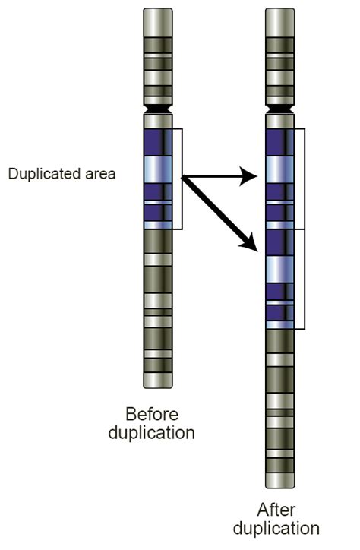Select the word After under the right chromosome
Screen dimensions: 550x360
[276, 510]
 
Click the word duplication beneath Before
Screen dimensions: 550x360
[151, 433]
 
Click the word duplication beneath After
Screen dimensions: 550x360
[276, 528]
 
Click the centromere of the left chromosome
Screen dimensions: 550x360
[159, 110]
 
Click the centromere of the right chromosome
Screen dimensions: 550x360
[280, 111]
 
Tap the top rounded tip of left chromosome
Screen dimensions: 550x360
[159, 11]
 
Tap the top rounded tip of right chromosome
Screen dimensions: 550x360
[280, 11]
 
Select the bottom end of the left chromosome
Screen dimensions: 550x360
[159, 384]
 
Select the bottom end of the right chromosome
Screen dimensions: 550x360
[280, 484]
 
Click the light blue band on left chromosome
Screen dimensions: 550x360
[158, 168]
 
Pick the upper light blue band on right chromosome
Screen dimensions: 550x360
[279, 168]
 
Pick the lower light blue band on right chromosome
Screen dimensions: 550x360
[279, 267]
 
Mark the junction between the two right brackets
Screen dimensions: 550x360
[305, 229]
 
